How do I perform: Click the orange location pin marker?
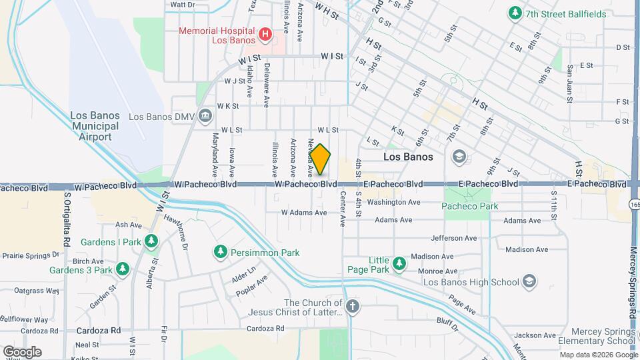[x=320, y=160]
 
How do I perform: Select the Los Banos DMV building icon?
[x=205, y=117]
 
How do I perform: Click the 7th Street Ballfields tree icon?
[x=515, y=13]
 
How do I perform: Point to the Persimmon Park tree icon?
[x=220, y=252]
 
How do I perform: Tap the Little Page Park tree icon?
[x=399, y=264]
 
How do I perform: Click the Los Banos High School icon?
[x=530, y=281]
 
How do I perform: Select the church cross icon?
[x=352, y=307]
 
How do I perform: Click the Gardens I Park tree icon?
[x=152, y=241]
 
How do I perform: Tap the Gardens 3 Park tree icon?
[x=122, y=269]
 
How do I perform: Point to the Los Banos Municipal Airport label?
[x=95, y=125]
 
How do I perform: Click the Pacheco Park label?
[x=470, y=206]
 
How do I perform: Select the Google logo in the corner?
[x=22, y=351]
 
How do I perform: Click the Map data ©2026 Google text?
[x=597, y=355]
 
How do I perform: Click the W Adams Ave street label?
[x=304, y=213]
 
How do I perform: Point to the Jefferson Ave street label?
[x=454, y=238]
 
